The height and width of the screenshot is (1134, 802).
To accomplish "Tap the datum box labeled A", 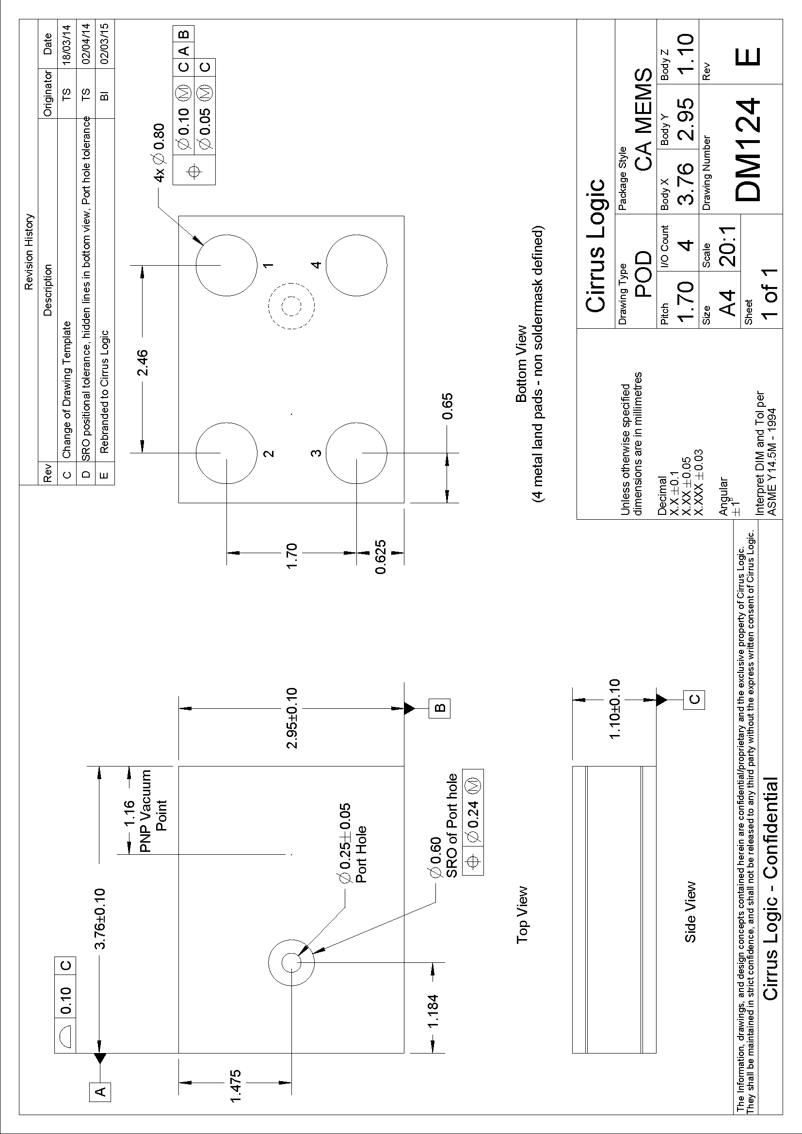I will (x=100, y=1118).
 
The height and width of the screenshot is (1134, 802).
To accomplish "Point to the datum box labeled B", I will (x=440, y=708).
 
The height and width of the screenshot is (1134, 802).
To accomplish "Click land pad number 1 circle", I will (x=226, y=265).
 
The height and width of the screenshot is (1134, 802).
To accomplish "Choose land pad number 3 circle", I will (x=356, y=452).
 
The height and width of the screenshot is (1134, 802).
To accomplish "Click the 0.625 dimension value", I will (x=380, y=557).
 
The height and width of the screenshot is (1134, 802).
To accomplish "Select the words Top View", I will (x=523, y=915).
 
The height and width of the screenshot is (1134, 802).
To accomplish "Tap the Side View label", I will (x=690, y=911).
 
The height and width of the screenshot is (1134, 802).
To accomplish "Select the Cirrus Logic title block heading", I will (x=595, y=245).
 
